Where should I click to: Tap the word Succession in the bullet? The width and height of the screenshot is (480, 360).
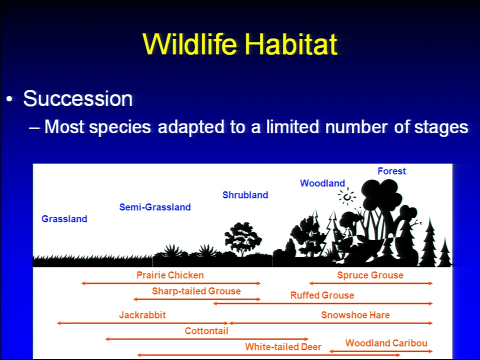78,98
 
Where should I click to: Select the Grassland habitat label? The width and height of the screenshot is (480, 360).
64,219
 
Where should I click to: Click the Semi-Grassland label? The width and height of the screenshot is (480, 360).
155,207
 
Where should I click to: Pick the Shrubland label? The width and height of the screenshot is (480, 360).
245,195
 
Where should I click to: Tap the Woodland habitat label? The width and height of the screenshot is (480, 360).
322,183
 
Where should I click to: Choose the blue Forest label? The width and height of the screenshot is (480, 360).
391,171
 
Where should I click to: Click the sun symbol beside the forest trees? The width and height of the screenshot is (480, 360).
347,197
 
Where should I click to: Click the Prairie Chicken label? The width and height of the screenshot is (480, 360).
170,275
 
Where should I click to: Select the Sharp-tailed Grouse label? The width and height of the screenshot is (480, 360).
196,291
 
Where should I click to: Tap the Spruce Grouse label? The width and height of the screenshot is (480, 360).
370,275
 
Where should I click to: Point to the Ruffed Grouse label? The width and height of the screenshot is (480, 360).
322,295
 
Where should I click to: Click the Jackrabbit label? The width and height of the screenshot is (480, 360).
142,315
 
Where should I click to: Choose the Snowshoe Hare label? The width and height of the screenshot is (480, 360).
355,315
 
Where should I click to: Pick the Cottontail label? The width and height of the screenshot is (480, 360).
206,331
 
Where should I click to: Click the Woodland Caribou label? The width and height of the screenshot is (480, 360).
386,343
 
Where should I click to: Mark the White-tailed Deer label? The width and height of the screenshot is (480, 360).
283,347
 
